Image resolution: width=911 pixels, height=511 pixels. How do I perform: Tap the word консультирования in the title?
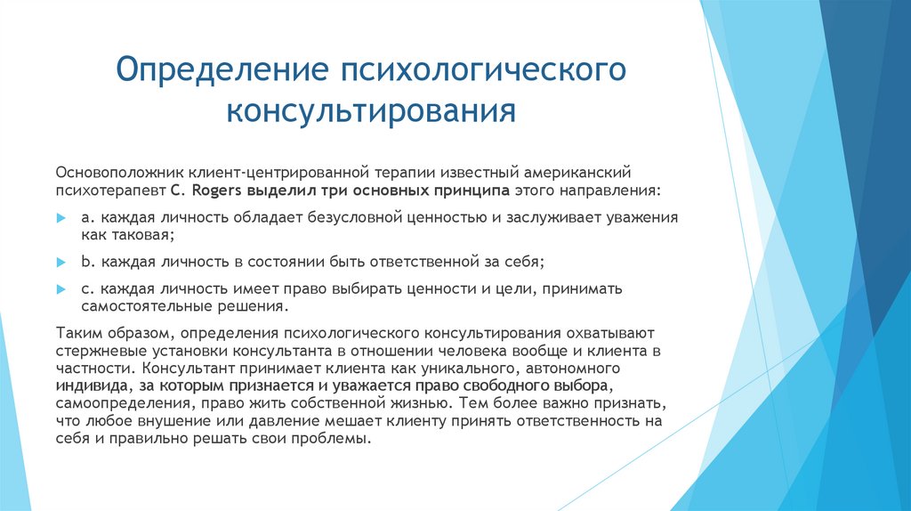[x=371, y=113]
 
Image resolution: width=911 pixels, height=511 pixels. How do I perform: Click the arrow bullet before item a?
[x=60, y=217]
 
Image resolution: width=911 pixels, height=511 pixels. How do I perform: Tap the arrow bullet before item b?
[x=60, y=264]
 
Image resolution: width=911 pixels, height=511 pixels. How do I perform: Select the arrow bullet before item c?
[x=60, y=289]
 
